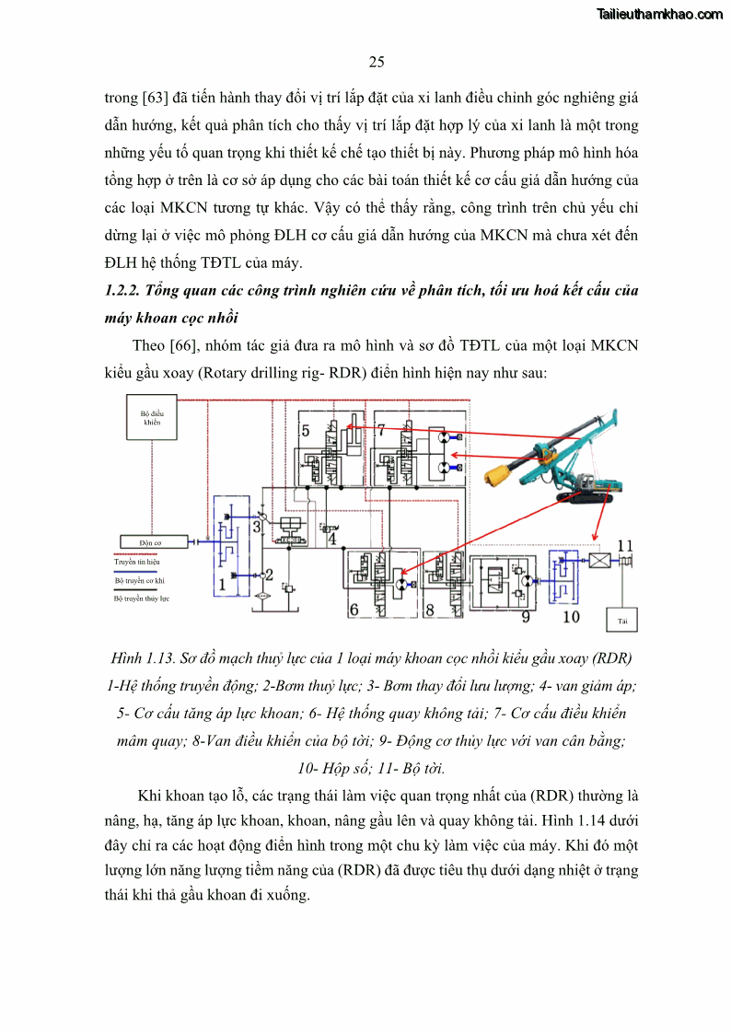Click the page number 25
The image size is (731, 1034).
point(376,63)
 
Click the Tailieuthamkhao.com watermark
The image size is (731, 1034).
point(659,15)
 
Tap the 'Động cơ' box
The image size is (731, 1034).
point(151,543)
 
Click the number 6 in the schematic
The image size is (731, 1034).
point(353,610)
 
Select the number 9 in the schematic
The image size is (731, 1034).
point(526,616)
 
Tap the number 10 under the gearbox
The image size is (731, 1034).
point(571,616)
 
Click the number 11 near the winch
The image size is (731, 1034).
point(626,544)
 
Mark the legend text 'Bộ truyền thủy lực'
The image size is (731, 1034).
point(142,598)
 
